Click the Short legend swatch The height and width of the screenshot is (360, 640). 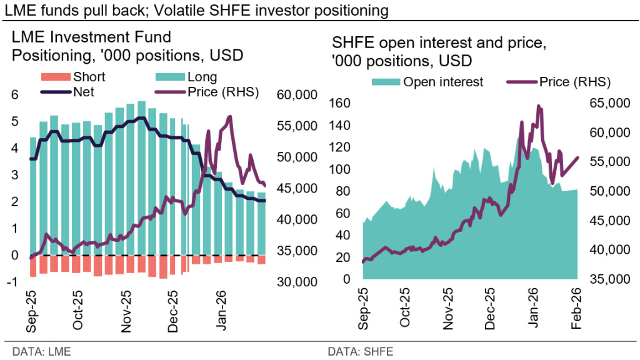click(x=55, y=77)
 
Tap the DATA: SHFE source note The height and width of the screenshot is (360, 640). click(x=360, y=351)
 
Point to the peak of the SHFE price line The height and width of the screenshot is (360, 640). click(x=538, y=106)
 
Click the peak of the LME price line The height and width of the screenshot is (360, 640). click(x=231, y=116)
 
